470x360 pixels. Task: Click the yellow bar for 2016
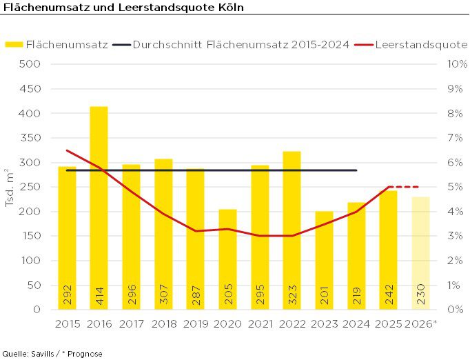point(99,207)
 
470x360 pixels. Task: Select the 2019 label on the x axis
point(196,323)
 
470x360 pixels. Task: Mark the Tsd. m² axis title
point(10,186)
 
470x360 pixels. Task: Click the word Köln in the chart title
point(228,7)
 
